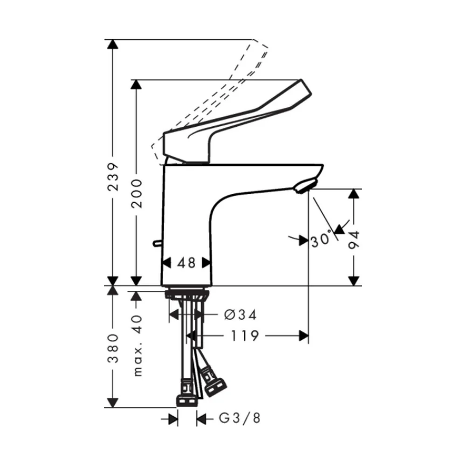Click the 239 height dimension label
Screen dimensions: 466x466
pos(113,177)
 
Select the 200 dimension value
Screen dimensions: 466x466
pos(137,193)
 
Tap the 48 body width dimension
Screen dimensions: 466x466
pos(187,263)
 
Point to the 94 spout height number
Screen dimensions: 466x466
pos(354,240)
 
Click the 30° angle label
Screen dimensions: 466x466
pos(321,239)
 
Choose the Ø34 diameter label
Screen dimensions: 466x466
pos(240,315)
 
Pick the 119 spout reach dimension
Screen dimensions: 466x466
pos(245,336)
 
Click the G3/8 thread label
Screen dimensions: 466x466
pos(240,418)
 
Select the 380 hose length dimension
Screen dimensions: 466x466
pos(113,349)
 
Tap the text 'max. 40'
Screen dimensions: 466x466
pos(137,346)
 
